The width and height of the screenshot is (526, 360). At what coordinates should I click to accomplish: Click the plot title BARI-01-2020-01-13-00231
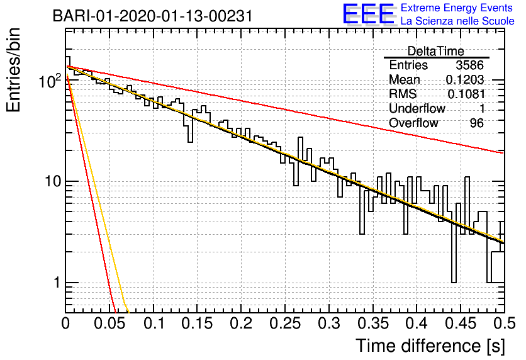(153, 16)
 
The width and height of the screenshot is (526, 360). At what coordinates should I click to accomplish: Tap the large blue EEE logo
(369, 14)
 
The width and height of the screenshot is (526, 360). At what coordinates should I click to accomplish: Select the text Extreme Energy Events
(457, 8)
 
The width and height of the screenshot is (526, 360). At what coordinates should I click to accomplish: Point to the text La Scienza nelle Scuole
(457, 21)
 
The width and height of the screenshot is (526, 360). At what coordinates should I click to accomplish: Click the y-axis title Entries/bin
(13, 70)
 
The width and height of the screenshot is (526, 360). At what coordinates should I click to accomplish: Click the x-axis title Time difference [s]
(430, 346)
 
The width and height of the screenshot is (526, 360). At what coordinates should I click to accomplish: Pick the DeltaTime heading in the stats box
(436, 51)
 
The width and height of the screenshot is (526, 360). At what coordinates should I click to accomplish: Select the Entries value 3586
(469, 65)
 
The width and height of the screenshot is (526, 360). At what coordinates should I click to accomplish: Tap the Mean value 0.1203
(465, 79)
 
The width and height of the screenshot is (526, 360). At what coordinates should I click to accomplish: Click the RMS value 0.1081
(466, 94)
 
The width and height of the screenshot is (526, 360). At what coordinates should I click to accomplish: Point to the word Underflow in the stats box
(417, 108)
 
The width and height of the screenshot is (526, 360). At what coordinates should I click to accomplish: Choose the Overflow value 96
(477, 123)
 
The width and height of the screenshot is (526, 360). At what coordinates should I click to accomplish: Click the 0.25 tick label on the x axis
(285, 323)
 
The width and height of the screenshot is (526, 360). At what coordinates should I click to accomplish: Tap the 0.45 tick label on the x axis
(461, 323)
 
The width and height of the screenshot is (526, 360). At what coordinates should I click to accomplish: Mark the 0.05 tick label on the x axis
(109, 323)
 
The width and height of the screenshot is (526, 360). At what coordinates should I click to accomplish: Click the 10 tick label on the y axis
(53, 181)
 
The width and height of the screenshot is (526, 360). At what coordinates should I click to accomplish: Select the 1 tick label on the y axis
(57, 283)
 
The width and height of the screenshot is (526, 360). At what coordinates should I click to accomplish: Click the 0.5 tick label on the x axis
(505, 323)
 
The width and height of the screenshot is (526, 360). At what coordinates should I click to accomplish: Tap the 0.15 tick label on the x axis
(198, 323)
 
